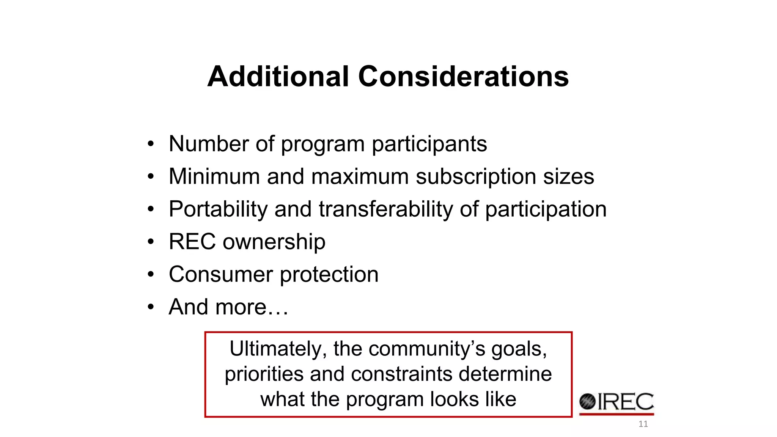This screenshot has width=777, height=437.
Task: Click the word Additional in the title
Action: pyautogui.click(x=278, y=77)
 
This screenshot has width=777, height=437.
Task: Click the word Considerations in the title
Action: pyautogui.click(x=463, y=77)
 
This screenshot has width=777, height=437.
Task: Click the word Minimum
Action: pyautogui.click(x=214, y=176)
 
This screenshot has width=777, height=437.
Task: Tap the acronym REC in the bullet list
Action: pyautogui.click(x=192, y=242)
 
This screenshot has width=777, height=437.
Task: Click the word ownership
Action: pyautogui.click(x=274, y=242)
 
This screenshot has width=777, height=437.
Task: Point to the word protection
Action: pyautogui.click(x=329, y=275)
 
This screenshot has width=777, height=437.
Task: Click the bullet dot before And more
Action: pyautogui.click(x=151, y=307)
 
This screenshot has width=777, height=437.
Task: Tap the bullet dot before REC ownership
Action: pyautogui.click(x=151, y=242)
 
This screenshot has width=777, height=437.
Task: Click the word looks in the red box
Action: pyautogui.click(x=454, y=399)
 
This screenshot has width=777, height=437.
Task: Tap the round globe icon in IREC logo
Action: pyautogui.click(x=587, y=402)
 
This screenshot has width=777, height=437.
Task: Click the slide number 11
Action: pyautogui.click(x=643, y=424)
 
